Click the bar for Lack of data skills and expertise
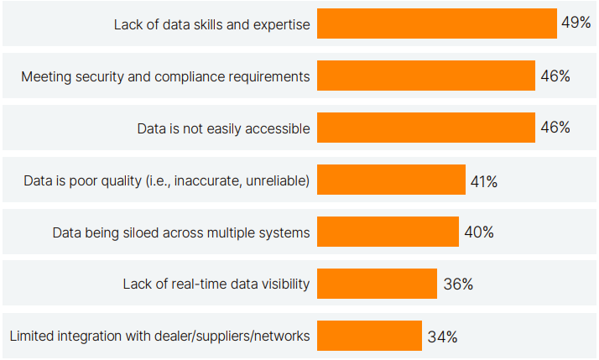(x=437, y=24)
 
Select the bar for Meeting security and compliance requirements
(x=426, y=76)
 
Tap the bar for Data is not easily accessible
(x=426, y=128)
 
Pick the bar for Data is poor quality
(x=391, y=180)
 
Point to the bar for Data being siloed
(x=388, y=232)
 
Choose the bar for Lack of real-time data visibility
(x=377, y=284)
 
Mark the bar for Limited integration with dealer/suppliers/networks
(x=369, y=336)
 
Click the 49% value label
(x=576, y=23)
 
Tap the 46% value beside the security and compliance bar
(x=555, y=76)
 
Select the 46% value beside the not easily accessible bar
(x=555, y=128)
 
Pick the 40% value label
(x=478, y=232)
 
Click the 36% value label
(x=458, y=284)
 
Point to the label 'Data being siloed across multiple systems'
(x=181, y=232)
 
